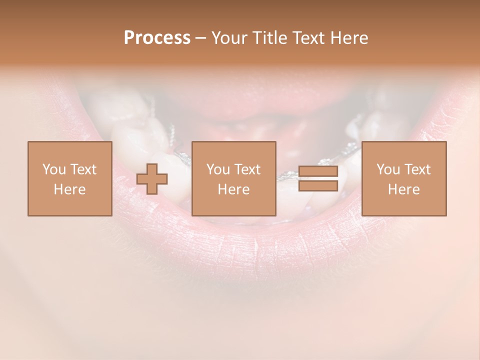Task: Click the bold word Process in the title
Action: coord(157,38)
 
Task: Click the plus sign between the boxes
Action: coord(152,179)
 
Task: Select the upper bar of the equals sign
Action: coord(318,171)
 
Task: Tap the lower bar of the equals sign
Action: coord(318,186)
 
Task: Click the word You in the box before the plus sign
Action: coord(53,169)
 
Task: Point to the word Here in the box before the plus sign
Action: coord(69,189)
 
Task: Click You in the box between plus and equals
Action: coord(218,169)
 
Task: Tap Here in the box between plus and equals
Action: coord(233,189)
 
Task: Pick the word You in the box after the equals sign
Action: coord(388,169)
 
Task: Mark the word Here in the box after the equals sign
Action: coord(403,189)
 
